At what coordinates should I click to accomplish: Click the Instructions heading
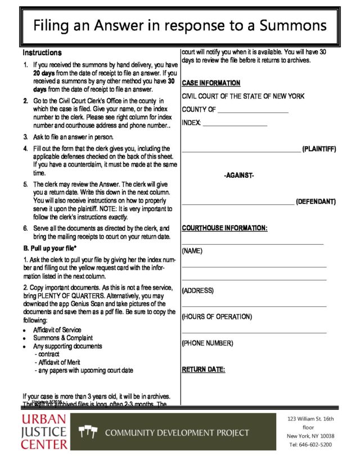pos(42,52)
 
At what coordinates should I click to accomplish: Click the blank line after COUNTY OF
pos(253,111)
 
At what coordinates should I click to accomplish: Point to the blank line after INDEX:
pos(235,124)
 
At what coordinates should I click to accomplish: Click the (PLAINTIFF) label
pos(319,149)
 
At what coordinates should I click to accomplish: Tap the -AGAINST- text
pos(239,176)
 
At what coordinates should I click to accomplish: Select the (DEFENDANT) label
pos(316,201)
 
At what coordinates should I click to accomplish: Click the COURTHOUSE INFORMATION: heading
pos(224,228)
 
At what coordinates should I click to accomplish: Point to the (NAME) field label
pos(192,250)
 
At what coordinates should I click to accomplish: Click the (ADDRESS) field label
pos(197,290)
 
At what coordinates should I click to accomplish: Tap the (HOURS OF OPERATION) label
pos(217,317)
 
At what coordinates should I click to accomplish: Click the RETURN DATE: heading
pos(203,370)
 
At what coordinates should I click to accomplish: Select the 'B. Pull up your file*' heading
pos(49,248)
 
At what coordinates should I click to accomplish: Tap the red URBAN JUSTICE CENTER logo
pos(44,432)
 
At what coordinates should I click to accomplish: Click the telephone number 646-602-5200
pos(317,445)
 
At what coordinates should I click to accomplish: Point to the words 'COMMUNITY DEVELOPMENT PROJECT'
pos(177,433)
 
